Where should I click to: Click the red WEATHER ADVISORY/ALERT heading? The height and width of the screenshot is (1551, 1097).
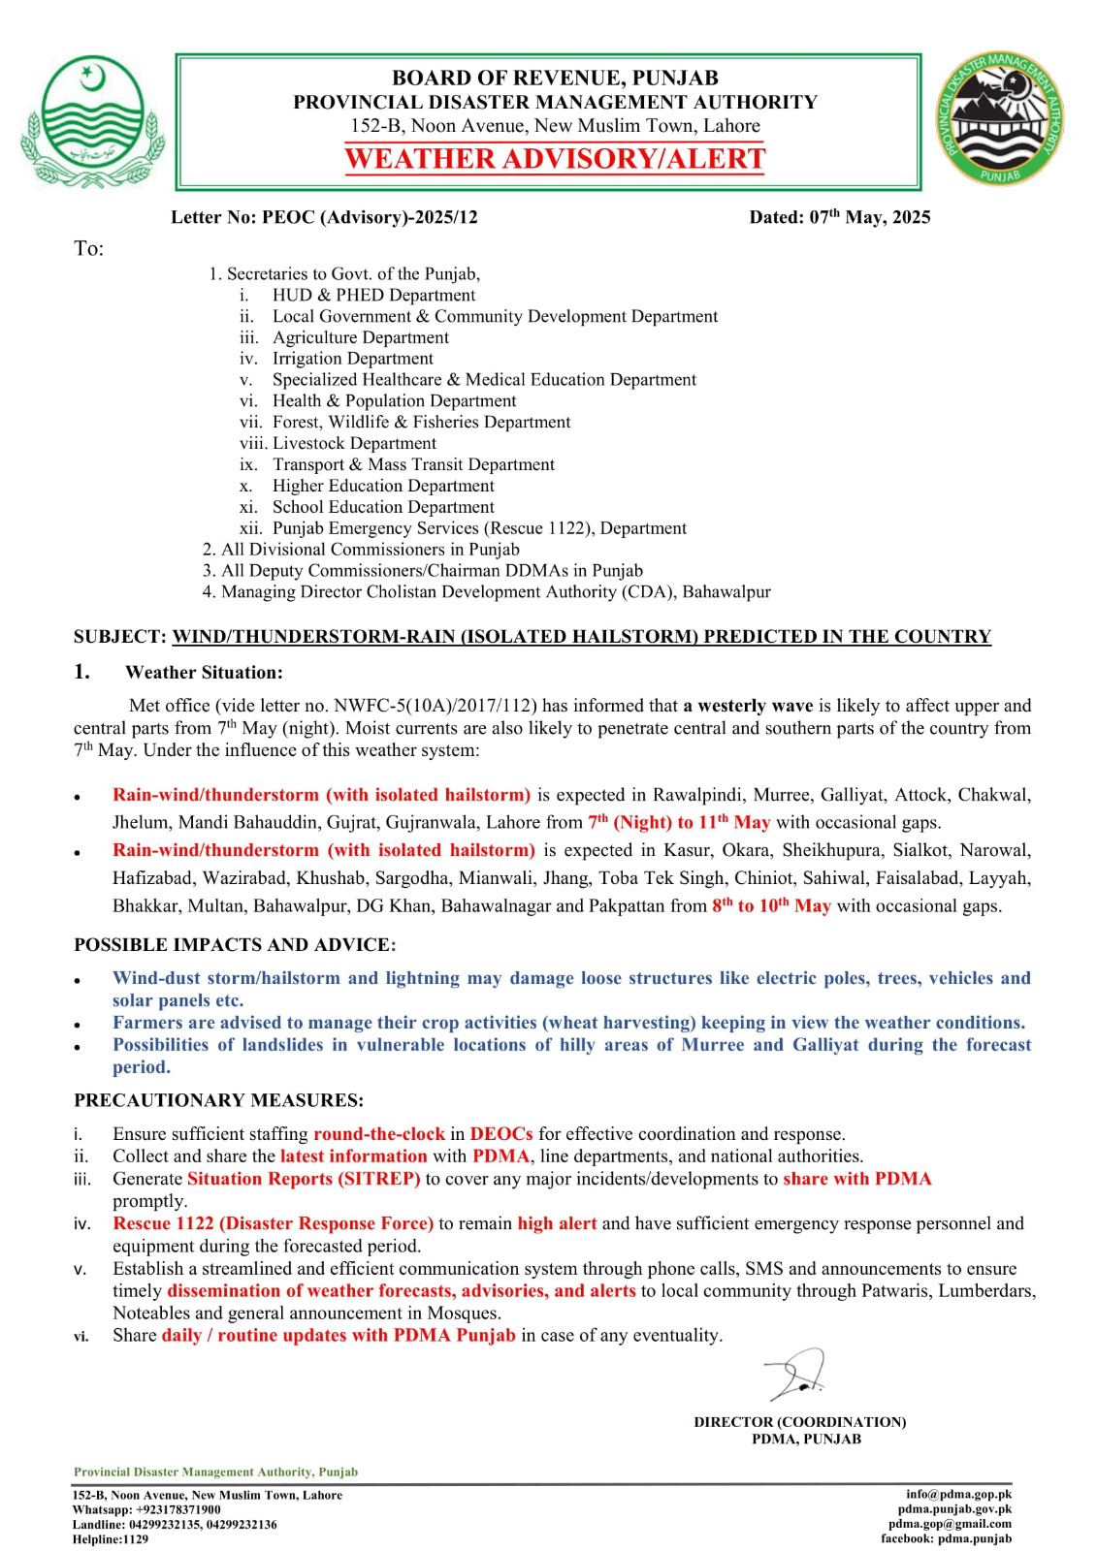coord(555,159)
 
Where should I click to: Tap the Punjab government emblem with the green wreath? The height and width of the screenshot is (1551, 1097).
coord(92,121)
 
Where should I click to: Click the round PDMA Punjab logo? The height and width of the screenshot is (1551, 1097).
coord(999,119)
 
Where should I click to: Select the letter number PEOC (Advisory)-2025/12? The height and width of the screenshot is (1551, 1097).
coord(324,217)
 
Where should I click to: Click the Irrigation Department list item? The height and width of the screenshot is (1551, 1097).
coord(352,359)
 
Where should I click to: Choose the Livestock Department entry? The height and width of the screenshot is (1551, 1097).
coord(354,443)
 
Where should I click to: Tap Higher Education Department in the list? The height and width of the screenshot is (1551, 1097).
coord(383,486)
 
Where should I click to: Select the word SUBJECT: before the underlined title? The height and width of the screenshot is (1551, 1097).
coord(120,637)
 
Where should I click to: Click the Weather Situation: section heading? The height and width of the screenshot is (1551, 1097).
coord(204,673)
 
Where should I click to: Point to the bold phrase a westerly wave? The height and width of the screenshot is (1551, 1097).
coord(748,706)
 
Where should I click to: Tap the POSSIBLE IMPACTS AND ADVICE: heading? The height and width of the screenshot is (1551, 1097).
coord(235,945)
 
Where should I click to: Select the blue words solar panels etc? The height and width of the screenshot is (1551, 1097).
coord(177,1000)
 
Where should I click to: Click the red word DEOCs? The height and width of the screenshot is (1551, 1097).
coord(501,1134)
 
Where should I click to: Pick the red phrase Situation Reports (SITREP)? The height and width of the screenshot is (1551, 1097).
coord(304,1179)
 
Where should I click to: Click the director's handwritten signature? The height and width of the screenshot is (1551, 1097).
coord(796,1375)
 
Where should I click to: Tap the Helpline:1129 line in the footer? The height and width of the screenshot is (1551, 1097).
coord(111,1539)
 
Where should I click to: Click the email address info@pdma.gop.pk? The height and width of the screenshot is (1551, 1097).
coord(958,1495)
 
